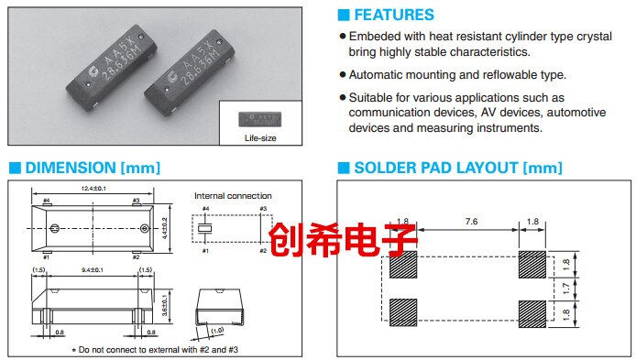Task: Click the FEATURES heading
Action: pos(393,15)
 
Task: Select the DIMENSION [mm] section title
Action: pos(92,168)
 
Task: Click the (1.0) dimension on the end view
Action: pos(216,331)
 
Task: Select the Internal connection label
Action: pos(233,195)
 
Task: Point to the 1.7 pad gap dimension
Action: pos(565,288)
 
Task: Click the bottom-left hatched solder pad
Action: pos(404,311)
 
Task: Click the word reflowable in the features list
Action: pos(496,75)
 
